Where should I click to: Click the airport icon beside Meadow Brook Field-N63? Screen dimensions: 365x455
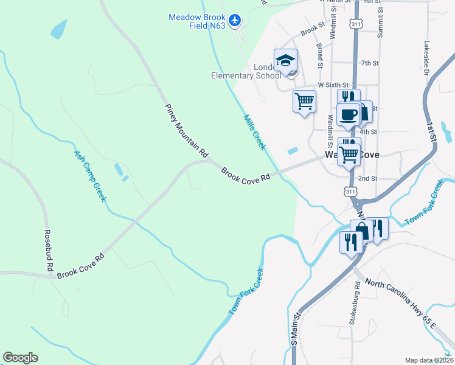click(236, 19)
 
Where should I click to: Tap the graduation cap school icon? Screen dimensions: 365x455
click(285, 60)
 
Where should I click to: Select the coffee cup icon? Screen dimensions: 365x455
click(349, 114)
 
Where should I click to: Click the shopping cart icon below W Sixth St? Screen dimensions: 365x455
click(304, 101)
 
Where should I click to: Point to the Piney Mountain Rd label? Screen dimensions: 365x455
click(186, 131)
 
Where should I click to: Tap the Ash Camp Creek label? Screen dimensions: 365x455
click(90, 176)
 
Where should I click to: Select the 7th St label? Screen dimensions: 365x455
click(370, 63)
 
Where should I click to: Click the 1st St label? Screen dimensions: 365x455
click(432, 131)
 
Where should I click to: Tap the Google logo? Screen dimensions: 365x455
click(20, 358)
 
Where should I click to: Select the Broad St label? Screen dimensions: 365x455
click(319, 52)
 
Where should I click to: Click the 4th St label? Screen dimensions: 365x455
click(369, 131)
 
